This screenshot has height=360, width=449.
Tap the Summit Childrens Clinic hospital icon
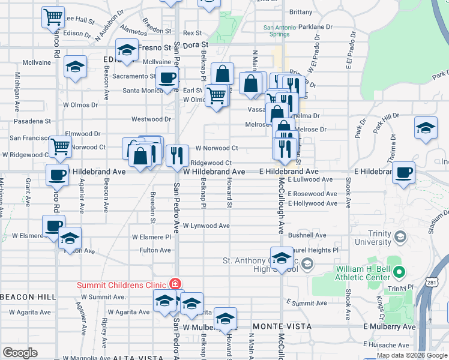[x=175, y=284]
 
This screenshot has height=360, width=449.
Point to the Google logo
[x=19, y=353]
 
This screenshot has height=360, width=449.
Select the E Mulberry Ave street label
[x=390, y=326]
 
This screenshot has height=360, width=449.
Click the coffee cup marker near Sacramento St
[x=167, y=77]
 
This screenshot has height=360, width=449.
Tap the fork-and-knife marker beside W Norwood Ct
[x=176, y=155]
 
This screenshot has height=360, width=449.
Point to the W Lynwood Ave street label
[x=206, y=226]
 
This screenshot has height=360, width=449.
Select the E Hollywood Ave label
[x=312, y=203]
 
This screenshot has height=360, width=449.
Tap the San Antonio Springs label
[x=276, y=31]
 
